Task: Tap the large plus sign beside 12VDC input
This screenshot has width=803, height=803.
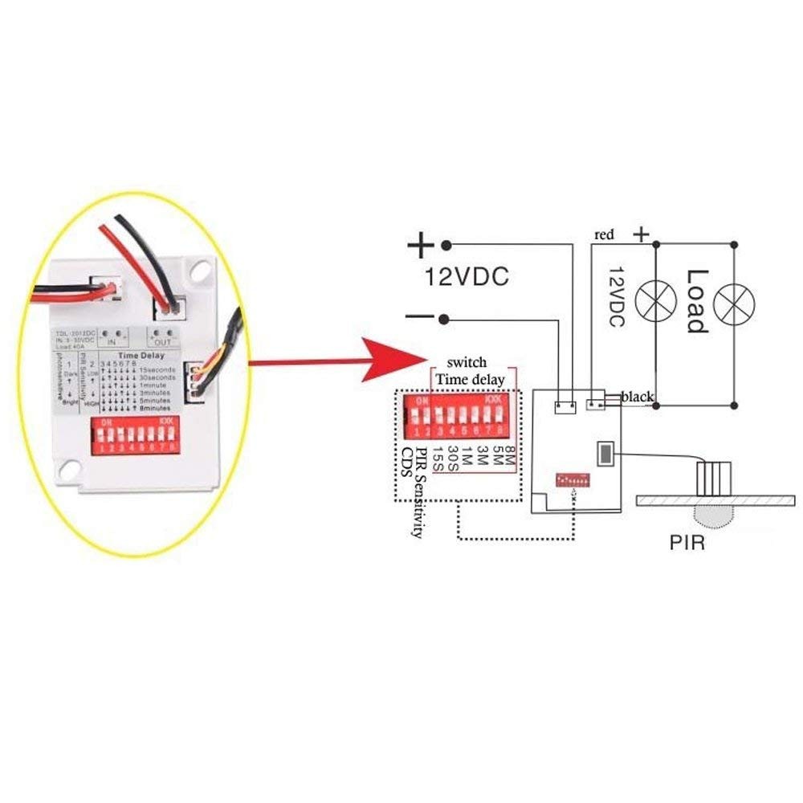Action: (x=421, y=245)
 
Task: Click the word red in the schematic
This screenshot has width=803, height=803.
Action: (x=604, y=234)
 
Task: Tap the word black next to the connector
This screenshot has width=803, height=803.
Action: (x=638, y=397)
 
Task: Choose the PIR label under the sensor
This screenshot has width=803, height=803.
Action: (x=687, y=543)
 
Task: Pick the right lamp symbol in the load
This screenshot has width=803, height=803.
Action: (x=736, y=301)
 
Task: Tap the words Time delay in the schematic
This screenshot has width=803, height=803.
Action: (x=470, y=379)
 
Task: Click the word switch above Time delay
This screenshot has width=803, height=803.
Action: (x=467, y=362)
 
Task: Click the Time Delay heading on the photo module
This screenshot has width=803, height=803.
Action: (x=141, y=354)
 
